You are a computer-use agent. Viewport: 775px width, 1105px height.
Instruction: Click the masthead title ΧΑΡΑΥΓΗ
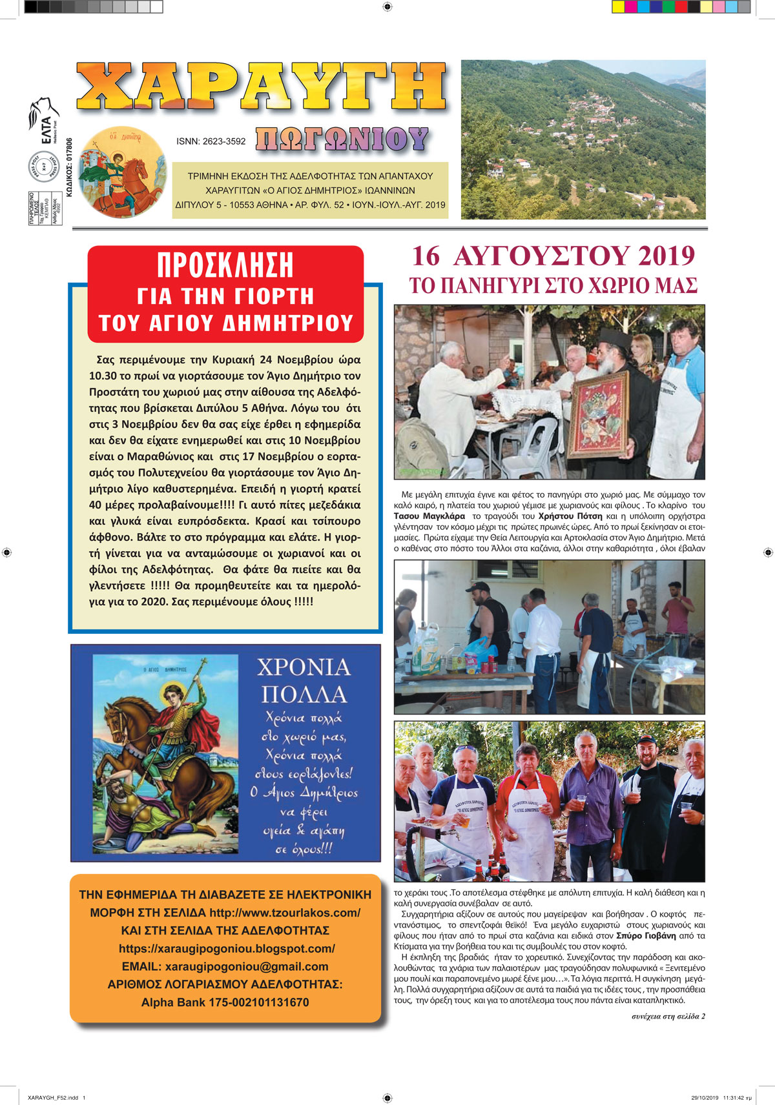tap(261, 86)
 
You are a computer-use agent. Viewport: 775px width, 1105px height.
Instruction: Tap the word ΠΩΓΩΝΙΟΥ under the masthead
tap(342, 139)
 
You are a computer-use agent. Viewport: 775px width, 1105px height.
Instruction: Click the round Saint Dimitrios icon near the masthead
tap(122, 171)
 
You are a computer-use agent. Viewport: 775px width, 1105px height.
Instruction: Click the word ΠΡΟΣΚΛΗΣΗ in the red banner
tap(225, 265)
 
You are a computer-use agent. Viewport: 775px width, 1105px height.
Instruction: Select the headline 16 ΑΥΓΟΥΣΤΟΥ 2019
tap(553, 256)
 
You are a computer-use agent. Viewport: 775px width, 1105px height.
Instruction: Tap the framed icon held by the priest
tap(600, 414)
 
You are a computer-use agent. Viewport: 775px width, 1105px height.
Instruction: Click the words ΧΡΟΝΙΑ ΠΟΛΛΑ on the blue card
tap(304, 680)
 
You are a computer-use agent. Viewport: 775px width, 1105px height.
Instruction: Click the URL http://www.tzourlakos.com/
tap(285, 913)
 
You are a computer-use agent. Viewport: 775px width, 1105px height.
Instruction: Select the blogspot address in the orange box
tap(227, 949)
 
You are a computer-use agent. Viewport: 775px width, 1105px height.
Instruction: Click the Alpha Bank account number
tap(259, 1002)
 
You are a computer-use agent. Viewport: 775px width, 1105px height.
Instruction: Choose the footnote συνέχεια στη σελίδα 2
tap(668, 1016)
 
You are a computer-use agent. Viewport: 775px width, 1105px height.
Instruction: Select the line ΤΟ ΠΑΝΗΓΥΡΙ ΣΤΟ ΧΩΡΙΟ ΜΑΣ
tap(553, 285)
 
